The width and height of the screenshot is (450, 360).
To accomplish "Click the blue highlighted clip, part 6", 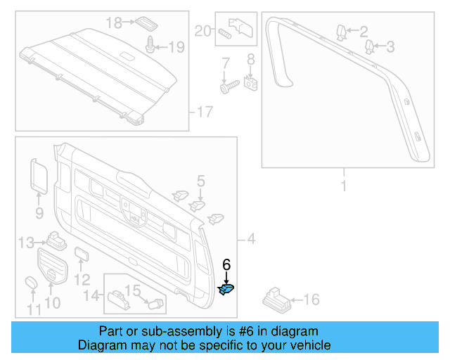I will point(226,288).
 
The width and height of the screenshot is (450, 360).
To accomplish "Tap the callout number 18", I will point(114,22).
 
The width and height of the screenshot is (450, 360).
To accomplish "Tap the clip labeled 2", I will point(340,31).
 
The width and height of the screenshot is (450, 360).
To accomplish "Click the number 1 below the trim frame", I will point(344,186).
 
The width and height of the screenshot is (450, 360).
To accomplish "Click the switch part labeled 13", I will point(54,239).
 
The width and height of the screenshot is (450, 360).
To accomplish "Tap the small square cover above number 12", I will point(81,254).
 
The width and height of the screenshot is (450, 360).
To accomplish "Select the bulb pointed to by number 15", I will point(157,304).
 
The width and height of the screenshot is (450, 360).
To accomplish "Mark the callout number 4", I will point(252,239).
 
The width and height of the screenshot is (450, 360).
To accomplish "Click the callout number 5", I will point(200,182).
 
